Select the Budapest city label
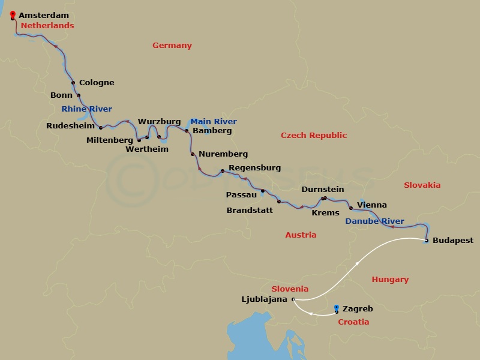pyautogui.click(x=452, y=241)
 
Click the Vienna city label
pyautogui.click(x=371, y=205)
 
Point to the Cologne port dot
pyautogui.click(x=73, y=83)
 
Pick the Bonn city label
pyautogui.click(x=61, y=95)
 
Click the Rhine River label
pyautogui.click(x=86, y=109)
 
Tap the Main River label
pyautogui.click(x=213, y=121)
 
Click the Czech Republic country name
pyautogui.click(x=314, y=136)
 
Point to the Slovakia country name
pyautogui.click(x=422, y=185)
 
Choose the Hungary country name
pyautogui.click(x=390, y=279)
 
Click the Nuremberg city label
pyautogui.click(x=223, y=154)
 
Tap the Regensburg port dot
pyautogui.click(x=223, y=172)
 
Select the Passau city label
pyautogui.click(x=241, y=194)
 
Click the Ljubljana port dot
pyautogui.click(x=293, y=299)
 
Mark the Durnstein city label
pyautogui.click(x=322, y=189)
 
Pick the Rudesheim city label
pyautogui.click(x=70, y=125)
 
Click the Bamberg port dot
pyautogui.click(x=187, y=131)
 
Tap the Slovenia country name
pyautogui.click(x=290, y=289)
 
